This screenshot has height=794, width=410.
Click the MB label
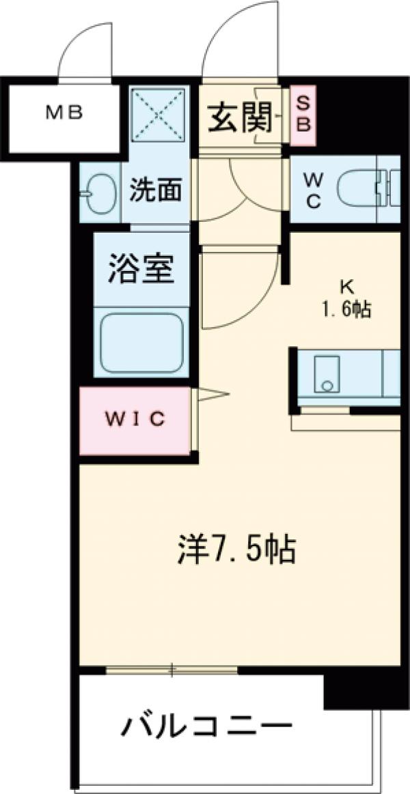pos(65,113)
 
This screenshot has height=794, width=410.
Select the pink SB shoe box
pos(303,115)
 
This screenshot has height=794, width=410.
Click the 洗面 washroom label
pos(156,191)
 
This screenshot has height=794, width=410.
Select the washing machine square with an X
pos(159,115)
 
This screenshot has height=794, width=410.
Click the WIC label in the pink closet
pos(135,419)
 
